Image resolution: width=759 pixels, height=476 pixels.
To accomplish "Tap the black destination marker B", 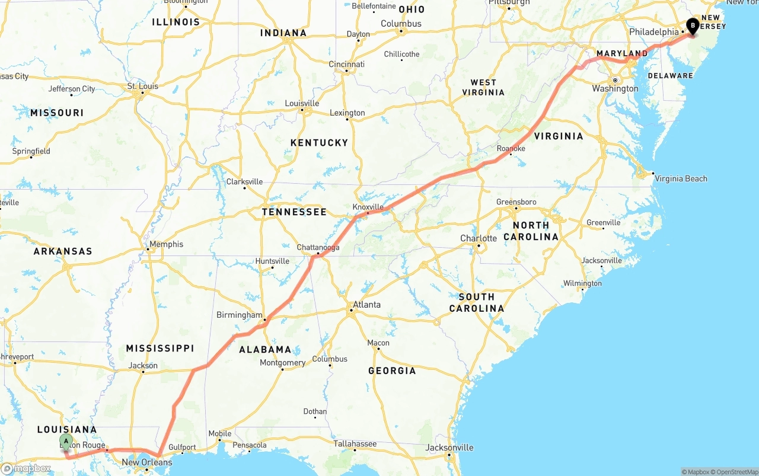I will [692, 25].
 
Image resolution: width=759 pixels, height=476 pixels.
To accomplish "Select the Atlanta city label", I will [367, 305].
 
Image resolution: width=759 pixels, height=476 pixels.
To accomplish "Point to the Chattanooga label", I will [318, 247].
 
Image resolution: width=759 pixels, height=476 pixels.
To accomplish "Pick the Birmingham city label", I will [239, 315].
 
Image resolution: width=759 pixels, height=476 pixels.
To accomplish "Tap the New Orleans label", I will [147, 462].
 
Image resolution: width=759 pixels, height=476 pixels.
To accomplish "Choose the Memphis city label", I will [167, 244].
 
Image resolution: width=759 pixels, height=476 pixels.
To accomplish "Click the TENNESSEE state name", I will [294, 212].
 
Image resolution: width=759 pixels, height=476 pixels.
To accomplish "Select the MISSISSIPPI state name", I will [160, 348].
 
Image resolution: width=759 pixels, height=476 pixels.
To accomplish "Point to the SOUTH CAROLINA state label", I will [477, 302].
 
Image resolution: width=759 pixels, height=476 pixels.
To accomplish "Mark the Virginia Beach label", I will [681, 178].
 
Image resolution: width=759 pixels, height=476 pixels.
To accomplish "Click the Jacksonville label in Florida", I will [449, 448].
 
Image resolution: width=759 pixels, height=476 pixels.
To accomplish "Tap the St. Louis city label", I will [143, 86].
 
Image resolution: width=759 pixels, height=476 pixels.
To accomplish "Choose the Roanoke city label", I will [511, 149].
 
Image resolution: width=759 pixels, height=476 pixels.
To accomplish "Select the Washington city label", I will [615, 88].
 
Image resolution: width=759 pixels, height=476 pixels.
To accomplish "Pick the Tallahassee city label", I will [355, 443].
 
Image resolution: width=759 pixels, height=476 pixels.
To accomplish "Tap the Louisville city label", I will [302, 103].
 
